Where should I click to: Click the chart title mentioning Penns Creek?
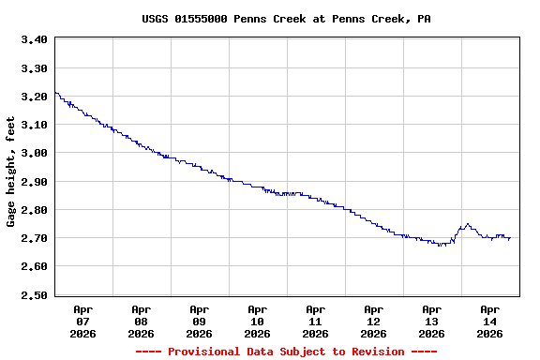(286, 19)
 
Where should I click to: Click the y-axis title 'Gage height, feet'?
(11, 172)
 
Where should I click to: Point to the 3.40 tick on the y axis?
(34, 39)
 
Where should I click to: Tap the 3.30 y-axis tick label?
(34, 68)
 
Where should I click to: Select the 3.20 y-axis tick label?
(34, 97)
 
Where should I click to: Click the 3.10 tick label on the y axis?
(34, 125)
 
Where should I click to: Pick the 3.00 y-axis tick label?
(34, 153)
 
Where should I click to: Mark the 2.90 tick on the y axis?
(34, 182)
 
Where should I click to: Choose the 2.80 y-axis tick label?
(34, 210)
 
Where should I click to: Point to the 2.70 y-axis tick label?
(34, 238)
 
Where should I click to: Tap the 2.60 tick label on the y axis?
(34, 266)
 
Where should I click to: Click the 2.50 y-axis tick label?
(34, 295)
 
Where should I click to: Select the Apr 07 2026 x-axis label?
(83, 321)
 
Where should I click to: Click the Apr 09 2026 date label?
(200, 321)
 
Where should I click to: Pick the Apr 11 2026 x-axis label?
(316, 321)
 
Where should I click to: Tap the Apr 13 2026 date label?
(432, 321)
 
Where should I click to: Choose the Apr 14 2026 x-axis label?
(490, 321)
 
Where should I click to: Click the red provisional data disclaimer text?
(286, 352)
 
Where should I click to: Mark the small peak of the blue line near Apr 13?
(467, 224)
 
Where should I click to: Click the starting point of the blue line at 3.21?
(56, 93)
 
